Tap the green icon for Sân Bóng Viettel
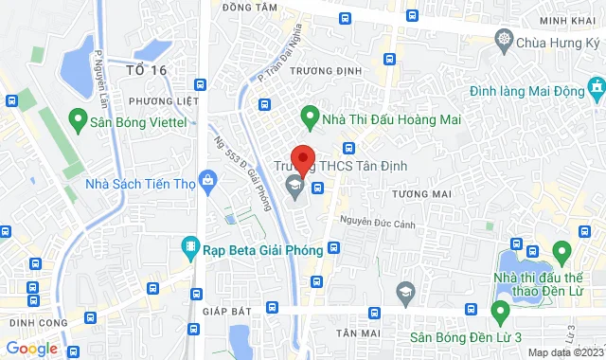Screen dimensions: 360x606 point(78,120)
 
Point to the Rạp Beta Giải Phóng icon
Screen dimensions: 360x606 point(189,249)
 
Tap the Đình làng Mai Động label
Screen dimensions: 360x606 point(529,90)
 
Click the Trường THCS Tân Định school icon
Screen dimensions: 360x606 point(295,185)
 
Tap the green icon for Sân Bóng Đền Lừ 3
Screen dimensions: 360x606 point(500,311)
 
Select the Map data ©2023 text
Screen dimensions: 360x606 point(565,352)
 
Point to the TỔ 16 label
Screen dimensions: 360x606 point(146,70)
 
